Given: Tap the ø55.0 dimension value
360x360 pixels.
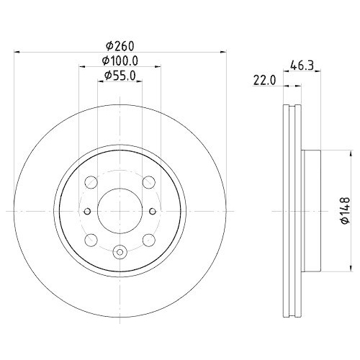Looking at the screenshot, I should pyautogui.click(x=120, y=75).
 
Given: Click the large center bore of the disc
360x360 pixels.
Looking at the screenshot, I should pyautogui.click(x=119, y=210).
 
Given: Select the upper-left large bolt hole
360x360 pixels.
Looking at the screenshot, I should pyautogui.click(x=91, y=182).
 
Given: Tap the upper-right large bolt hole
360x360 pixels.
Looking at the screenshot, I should pyautogui.click(x=148, y=182).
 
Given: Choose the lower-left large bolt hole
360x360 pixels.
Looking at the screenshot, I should pyautogui.click(x=91, y=239).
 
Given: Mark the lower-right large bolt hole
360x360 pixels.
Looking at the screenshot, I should pyautogui.click(x=148, y=239).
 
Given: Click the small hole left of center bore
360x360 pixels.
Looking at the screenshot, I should pyautogui.click(x=86, y=211).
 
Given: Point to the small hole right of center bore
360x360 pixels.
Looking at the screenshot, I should pyautogui.click(x=152, y=211).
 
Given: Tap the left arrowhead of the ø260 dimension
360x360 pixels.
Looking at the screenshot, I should pyautogui.click(x=18, y=52).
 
